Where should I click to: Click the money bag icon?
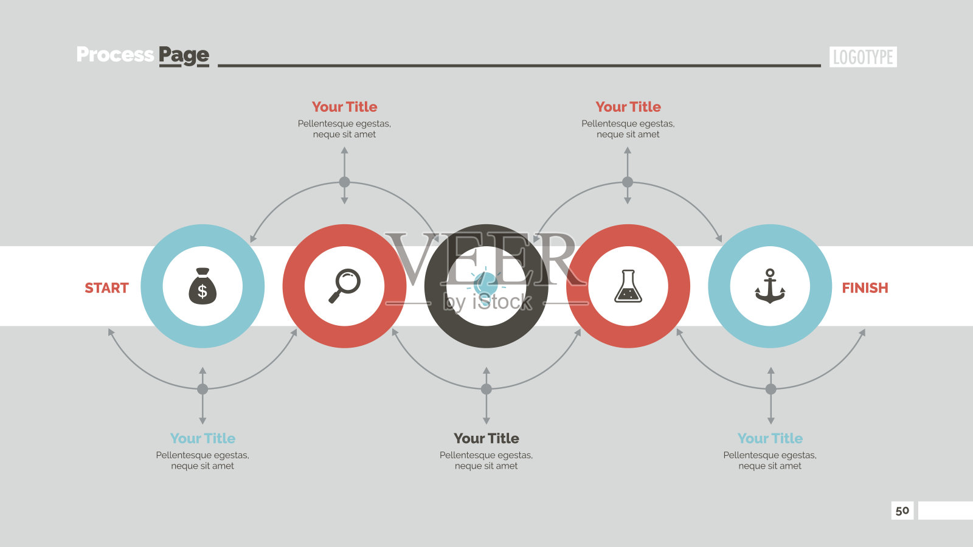(203, 286)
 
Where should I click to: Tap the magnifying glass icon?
(344, 286)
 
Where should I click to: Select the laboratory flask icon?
(628, 286)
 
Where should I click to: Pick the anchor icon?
(770, 286)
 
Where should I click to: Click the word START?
(106, 288)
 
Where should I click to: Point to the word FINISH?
(865, 288)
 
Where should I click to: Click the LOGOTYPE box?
(863, 57)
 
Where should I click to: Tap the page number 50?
(902, 511)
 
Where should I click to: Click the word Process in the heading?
(115, 55)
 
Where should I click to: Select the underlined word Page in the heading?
(184, 56)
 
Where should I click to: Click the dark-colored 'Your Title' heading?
(486, 438)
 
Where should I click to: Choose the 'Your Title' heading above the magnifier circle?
(344, 107)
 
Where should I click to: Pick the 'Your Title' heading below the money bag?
(203, 438)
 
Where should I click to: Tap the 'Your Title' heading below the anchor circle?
(770, 438)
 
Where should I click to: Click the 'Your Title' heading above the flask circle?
(628, 107)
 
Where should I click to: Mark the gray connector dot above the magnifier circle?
(344, 182)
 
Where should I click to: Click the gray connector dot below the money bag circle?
(203, 389)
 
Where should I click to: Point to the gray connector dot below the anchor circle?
(770, 389)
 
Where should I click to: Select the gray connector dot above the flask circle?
(627, 182)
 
